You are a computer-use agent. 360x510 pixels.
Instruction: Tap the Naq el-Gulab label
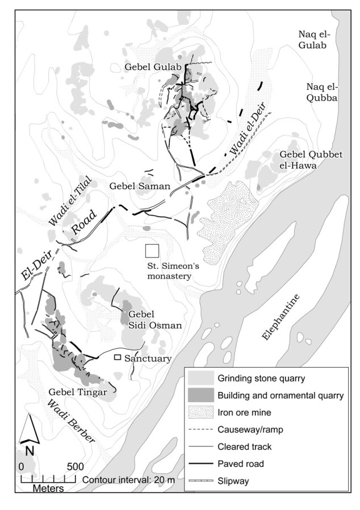click(x=315, y=40)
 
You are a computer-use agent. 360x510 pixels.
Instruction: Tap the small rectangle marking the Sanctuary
click(x=118, y=357)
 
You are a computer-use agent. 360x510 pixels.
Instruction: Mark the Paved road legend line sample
click(x=200, y=463)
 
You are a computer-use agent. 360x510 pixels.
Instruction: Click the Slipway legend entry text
click(x=233, y=481)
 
